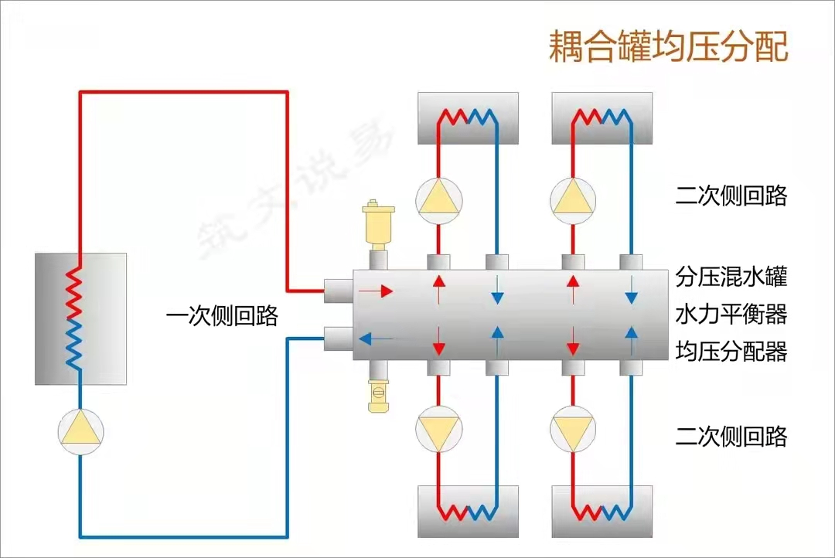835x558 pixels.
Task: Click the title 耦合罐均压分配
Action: [x=668, y=46]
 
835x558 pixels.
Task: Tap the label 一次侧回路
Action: [x=222, y=316]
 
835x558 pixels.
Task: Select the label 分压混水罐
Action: [x=731, y=277]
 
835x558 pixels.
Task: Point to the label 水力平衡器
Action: [x=731, y=314]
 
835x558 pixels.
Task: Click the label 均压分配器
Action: [x=731, y=352]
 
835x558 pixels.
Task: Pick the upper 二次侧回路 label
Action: [x=731, y=196]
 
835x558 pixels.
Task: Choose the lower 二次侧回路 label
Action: [x=731, y=436]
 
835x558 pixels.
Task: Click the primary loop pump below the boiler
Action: [x=80, y=432]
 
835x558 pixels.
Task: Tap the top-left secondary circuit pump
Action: [x=439, y=201]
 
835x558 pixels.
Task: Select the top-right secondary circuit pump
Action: [x=573, y=201]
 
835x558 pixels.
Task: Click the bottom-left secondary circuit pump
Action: [x=439, y=429]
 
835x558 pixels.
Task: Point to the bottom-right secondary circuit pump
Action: [x=573, y=429]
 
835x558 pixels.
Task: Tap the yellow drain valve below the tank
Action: [x=378, y=395]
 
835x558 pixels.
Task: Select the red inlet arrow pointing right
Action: [x=376, y=291]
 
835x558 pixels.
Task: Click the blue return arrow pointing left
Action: [x=376, y=339]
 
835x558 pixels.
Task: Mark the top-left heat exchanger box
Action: [x=468, y=118]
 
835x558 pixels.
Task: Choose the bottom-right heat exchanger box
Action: [x=602, y=511]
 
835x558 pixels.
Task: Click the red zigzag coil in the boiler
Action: [x=74, y=293]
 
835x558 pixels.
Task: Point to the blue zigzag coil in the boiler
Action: [x=74, y=344]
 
